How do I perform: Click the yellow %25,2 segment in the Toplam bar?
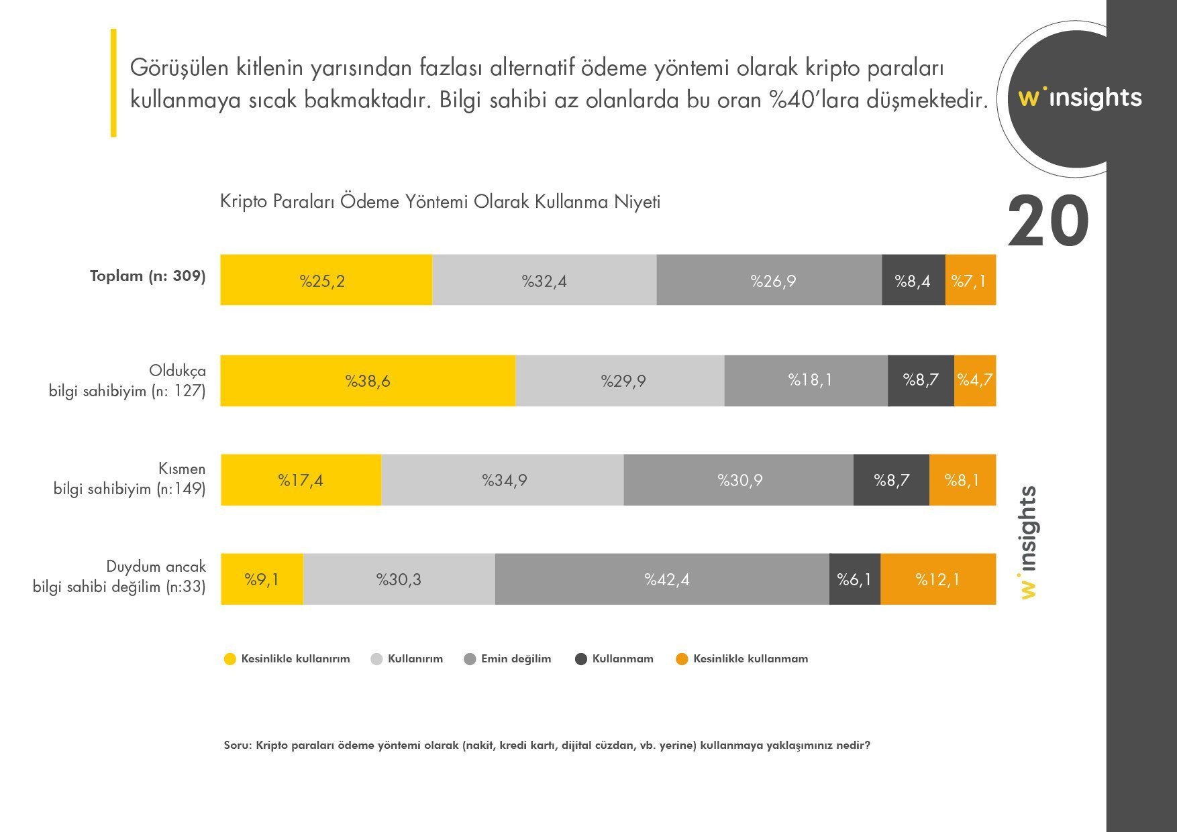tap(326, 280)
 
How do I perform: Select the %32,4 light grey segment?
tap(544, 280)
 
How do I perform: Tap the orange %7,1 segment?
tap(970, 280)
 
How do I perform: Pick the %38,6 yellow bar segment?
tap(368, 381)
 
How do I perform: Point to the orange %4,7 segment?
tap(975, 381)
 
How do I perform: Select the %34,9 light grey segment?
tap(503, 480)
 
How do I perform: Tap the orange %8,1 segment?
tap(962, 480)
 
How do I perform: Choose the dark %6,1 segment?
tap(854, 579)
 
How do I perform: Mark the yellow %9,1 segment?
tap(262, 579)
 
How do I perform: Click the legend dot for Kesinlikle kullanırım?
tap(230, 659)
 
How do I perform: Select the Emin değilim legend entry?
tap(515, 659)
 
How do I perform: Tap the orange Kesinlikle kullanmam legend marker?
tap(682, 659)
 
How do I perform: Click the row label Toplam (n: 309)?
tap(148, 276)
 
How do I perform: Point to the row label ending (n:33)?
tap(119, 587)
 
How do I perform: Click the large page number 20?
tap(1047, 222)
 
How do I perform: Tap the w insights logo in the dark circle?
tap(1079, 98)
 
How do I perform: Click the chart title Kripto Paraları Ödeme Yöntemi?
tap(440, 202)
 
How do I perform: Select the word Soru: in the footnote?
tap(238, 746)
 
